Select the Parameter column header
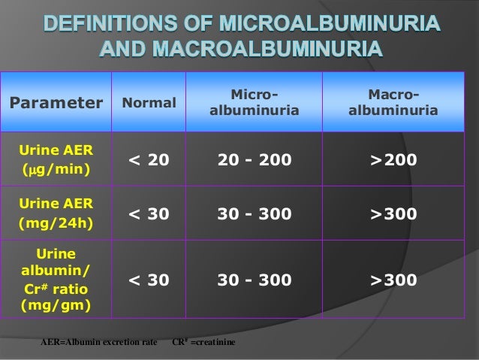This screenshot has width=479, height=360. pyautogui.click(x=56, y=102)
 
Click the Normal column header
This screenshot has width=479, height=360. pyautogui.click(x=149, y=102)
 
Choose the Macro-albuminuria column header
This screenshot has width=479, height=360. pyautogui.click(x=393, y=102)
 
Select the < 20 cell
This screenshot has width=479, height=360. pyautogui.click(x=149, y=159)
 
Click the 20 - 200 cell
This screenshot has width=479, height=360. pyautogui.click(x=255, y=159)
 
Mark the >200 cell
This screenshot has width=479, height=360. pyautogui.click(x=393, y=159)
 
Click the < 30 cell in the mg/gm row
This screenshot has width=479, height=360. pyautogui.click(x=149, y=280)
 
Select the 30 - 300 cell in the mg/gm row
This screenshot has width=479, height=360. pyautogui.click(x=255, y=280)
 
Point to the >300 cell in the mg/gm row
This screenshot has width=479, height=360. pyautogui.click(x=393, y=280)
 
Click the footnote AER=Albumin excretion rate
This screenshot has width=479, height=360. pyautogui.click(x=98, y=342)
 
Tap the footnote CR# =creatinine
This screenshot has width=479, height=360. pyautogui.click(x=203, y=342)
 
